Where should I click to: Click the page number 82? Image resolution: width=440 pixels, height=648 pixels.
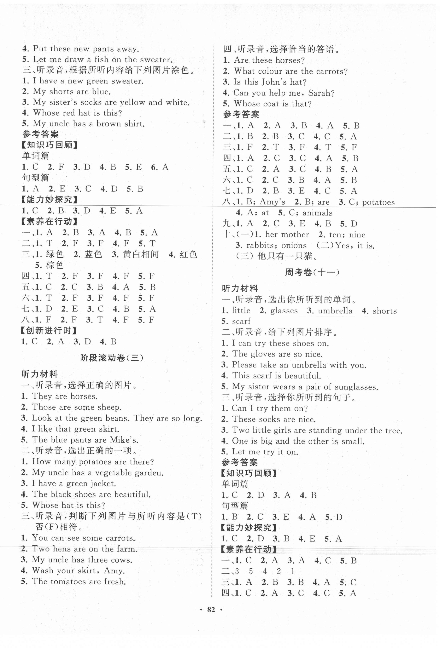[x=211, y=610]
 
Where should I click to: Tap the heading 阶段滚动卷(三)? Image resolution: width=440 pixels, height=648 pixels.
[x=112, y=358]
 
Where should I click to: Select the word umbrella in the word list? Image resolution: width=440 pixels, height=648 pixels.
[x=335, y=311]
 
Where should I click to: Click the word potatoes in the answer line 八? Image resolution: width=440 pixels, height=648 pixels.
[x=378, y=202]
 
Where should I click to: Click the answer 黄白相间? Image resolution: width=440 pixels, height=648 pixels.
[x=141, y=254]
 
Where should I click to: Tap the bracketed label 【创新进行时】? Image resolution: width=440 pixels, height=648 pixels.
[x=49, y=331]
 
